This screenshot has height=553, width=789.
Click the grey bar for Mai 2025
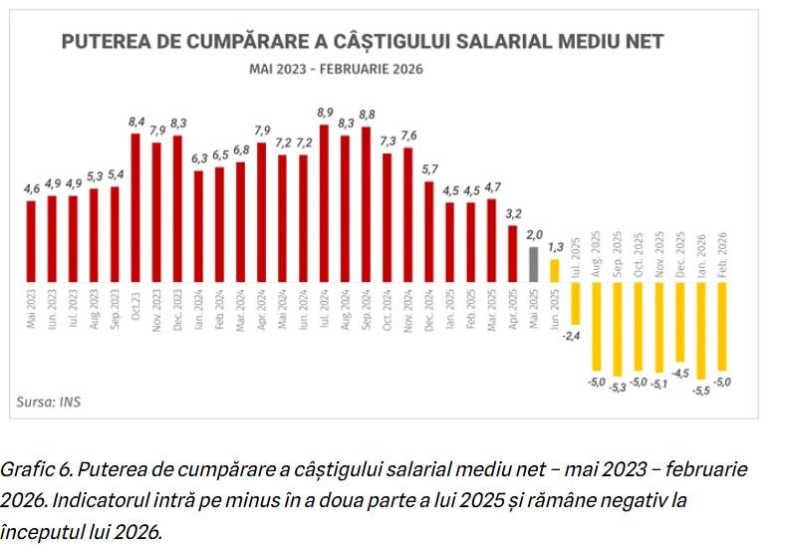point(534,263)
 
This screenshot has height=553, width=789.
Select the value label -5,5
point(701,388)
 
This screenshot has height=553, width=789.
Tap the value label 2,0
point(534,235)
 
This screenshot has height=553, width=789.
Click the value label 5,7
point(430,169)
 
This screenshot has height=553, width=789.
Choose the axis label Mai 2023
point(31,308)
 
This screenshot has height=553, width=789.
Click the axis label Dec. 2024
point(429,310)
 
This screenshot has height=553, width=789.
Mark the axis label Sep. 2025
point(618,255)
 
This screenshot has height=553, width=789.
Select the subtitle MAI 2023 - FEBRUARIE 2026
point(337,69)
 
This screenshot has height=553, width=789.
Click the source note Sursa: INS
point(44,404)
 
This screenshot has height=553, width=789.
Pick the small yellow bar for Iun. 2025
point(555,270)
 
